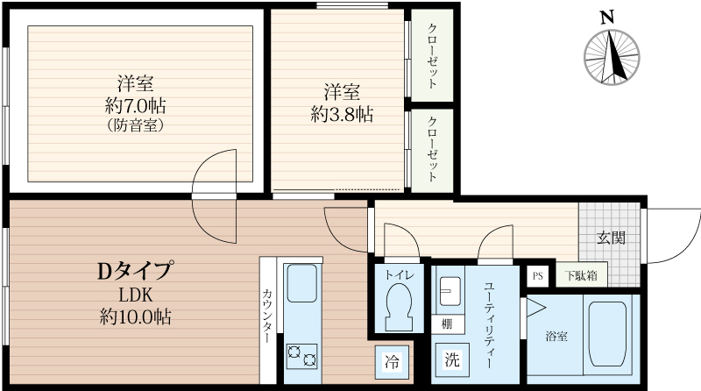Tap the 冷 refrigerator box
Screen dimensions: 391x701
[x=393, y=361]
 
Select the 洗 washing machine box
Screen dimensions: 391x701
[x=452, y=359]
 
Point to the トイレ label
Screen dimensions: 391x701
[x=400, y=274]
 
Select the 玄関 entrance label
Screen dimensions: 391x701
[x=612, y=237]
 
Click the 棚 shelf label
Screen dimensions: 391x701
[x=447, y=323]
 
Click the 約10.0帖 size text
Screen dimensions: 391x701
[x=135, y=316]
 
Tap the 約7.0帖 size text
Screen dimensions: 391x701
[x=136, y=106]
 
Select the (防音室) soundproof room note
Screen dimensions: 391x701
[x=136, y=125]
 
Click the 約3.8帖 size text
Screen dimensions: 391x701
[x=342, y=114]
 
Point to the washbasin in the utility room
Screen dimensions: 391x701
[x=450, y=289]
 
